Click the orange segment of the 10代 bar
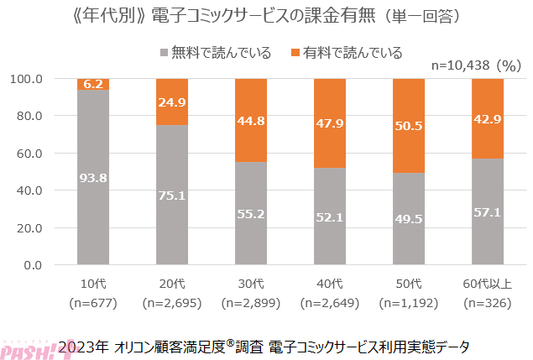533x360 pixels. [x=93, y=84]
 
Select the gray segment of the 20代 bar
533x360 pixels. [x=172, y=195]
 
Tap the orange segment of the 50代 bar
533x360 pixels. [x=409, y=126]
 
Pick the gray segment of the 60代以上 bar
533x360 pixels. [x=488, y=212]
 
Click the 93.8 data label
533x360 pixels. [x=93, y=177]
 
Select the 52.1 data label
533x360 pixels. [x=330, y=217]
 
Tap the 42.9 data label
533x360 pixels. [x=488, y=118]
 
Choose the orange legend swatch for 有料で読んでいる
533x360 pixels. [x=295, y=53]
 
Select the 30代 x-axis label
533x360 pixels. [x=251, y=282]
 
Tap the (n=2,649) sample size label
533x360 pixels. [x=330, y=301]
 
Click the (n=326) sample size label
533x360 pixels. [x=488, y=301]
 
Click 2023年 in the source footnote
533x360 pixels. [x=86, y=345]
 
